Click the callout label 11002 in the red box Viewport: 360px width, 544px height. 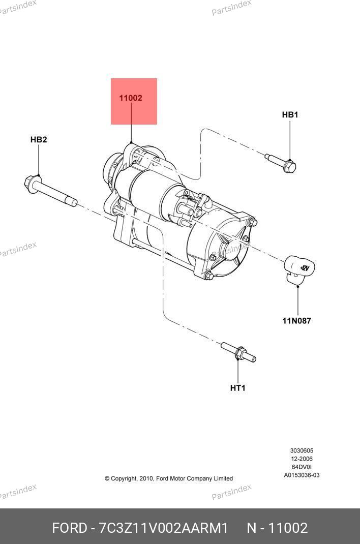130,98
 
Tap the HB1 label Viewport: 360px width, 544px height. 290,114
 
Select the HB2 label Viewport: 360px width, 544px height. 39,139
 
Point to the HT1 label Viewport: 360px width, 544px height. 237,388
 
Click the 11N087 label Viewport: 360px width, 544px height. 296,321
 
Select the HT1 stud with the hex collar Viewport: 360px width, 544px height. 238,352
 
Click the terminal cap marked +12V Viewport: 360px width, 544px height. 299,268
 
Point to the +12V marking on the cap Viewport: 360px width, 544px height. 305,268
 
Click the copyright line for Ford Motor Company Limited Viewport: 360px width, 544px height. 169,478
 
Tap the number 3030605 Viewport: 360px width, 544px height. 302,450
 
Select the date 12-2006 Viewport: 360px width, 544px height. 302,459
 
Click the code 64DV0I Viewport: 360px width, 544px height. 302,467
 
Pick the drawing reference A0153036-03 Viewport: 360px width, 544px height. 302,475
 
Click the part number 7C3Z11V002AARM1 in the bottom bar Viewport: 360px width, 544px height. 164,528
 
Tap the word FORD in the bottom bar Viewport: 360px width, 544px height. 70,528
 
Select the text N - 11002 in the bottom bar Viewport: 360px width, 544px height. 277,528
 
